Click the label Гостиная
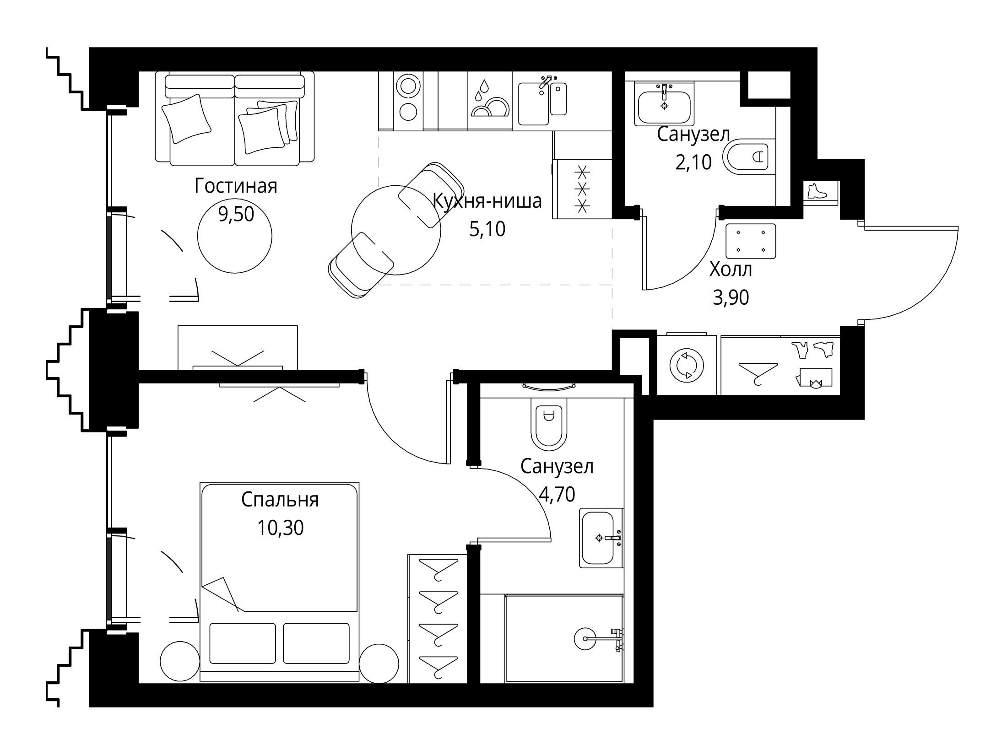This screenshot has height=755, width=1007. pos(236,187)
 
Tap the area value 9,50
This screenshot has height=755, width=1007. pos(236,214)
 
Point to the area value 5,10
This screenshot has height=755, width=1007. pos(487,229)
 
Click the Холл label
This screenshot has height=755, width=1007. pos(731,270)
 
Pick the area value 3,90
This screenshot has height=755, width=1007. pos(731,297)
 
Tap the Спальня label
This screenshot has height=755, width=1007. pos(280,500)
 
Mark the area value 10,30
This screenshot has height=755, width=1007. pos(280,528)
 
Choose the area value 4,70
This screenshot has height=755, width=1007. pos(557,494)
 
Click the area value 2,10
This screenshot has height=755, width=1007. pos(693,162)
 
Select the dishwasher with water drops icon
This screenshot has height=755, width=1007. pos(488,101)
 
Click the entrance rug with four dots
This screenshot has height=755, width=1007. pos(751,242)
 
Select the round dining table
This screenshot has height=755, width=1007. pos(396,230)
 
